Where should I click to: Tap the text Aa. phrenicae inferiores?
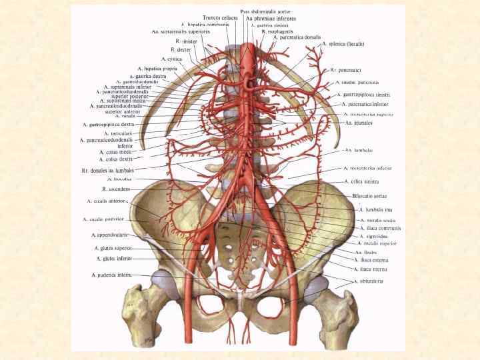(271, 18)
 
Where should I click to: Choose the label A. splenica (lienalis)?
(343, 43)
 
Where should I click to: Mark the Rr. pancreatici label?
(345, 69)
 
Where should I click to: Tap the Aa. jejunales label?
(359, 123)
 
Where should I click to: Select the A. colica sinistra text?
(362, 181)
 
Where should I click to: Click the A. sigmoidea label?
(371, 236)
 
